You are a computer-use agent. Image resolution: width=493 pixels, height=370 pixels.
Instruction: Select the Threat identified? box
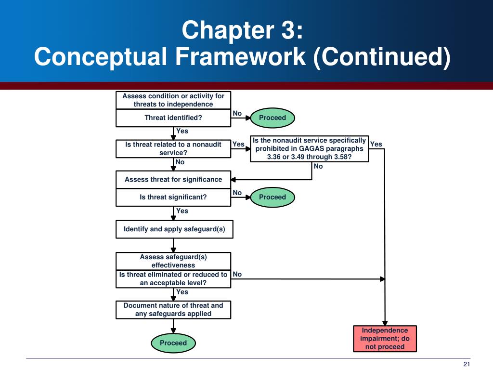pyautogui.click(x=173, y=118)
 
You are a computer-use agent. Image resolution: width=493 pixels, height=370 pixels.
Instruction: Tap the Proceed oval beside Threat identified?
pyautogui.click(x=272, y=118)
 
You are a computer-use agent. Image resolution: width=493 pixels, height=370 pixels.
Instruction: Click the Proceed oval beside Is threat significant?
pyautogui.click(x=272, y=197)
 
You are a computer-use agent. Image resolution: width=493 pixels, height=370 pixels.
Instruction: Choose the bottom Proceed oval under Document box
pyautogui.click(x=173, y=343)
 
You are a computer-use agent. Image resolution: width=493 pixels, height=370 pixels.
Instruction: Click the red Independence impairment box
pyautogui.click(x=385, y=339)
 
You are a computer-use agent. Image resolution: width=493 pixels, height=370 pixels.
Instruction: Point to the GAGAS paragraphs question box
pyautogui.click(x=310, y=148)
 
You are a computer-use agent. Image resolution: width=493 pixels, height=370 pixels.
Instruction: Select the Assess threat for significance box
pyautogui.click(x=173, y=180)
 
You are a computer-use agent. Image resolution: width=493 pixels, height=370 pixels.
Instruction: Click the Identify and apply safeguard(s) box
pyautogui.click(x=174, y=229)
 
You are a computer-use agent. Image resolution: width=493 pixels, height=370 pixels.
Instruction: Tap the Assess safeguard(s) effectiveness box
pyautogui.click(x=173, y=261)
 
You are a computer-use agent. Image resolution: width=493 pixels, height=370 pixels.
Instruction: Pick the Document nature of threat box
pyautogui.click(x=173, y=309)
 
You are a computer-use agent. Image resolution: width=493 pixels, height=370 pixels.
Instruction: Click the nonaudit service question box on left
pyautogui.click(x=173, y=148)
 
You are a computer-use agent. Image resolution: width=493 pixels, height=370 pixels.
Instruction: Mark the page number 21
pyautogui.click(x=467, y=364)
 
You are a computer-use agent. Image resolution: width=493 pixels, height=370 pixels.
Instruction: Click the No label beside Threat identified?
pyautogui.click(x=237, y=113)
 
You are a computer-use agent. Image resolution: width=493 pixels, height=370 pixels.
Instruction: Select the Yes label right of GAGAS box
pyautogui.click(x=376, y=144)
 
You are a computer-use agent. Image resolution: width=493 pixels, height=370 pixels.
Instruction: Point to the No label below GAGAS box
pyautogui.click(x=318, y=166)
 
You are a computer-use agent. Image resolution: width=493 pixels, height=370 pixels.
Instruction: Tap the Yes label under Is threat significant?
pyautogui.click(x=182, y=211)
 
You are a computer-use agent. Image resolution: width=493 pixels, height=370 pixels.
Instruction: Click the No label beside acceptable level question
pyautogui.click(x=237, y=274)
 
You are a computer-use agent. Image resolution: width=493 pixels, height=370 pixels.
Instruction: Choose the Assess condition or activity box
pyautogui.click(x=173, y=100)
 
